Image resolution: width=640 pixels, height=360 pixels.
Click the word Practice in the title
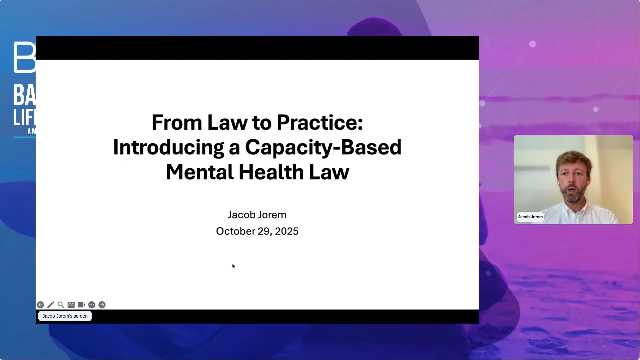319,123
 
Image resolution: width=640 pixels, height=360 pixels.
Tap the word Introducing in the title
168,147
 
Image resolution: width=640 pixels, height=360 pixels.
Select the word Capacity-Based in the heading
323,147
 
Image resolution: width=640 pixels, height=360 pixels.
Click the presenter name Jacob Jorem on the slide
257,215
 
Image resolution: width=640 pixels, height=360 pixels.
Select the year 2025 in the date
286,231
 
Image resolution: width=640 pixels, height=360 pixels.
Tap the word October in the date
235,231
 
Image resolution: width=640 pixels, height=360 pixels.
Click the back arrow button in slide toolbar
40,305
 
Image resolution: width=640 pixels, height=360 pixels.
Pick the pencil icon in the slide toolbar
51,305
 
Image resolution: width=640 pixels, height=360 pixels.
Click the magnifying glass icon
61,305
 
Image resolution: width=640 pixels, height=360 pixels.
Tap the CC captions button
71,305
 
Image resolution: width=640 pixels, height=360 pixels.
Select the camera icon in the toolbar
81,305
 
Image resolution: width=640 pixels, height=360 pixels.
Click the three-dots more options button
92,305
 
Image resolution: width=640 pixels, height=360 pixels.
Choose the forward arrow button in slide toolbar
102,305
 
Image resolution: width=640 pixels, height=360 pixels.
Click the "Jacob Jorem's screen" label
65,316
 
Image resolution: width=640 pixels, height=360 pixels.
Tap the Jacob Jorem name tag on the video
530,217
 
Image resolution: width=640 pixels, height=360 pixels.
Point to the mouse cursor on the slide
233,266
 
